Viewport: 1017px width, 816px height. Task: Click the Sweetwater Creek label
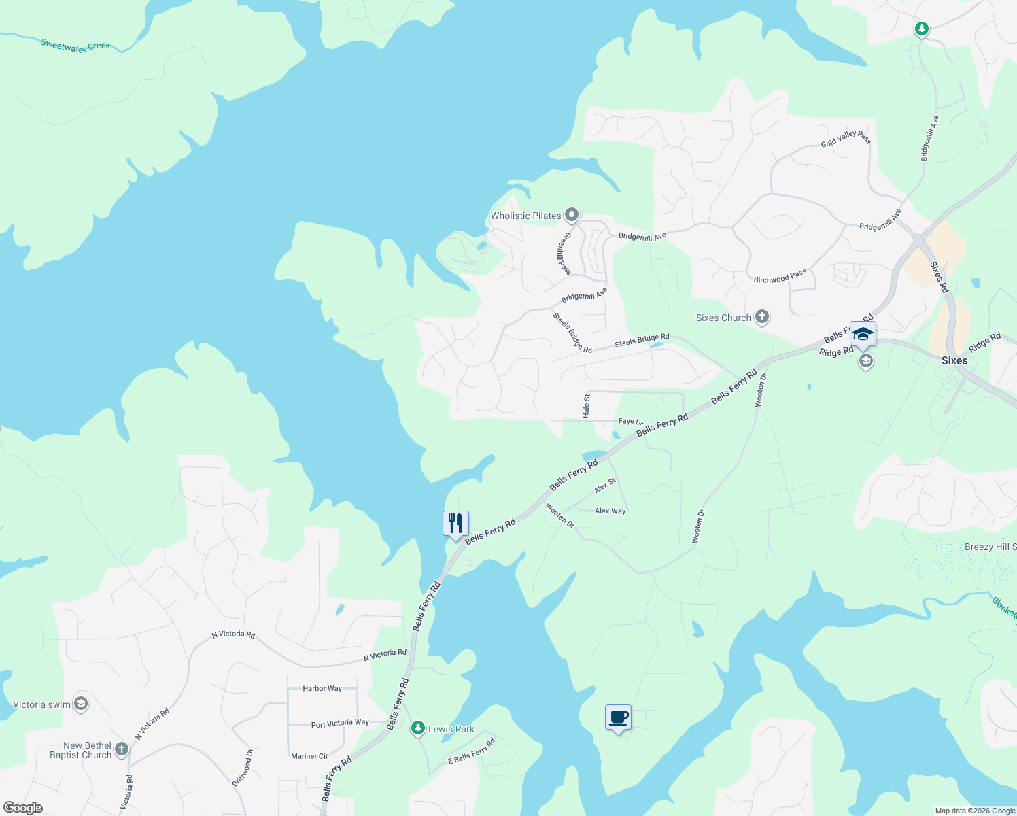coord(75,46)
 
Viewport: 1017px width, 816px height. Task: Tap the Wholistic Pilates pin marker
coord(572,215)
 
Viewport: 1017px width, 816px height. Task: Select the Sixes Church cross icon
coord(762,317)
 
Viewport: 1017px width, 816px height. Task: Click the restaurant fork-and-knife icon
coord(455,523)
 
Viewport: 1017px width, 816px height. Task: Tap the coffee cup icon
coord(618,717)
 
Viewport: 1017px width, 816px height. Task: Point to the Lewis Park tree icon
coord(418,728)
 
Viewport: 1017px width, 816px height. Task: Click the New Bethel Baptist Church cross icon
coord(122,749)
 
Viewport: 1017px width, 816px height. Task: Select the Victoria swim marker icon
coord(81,704)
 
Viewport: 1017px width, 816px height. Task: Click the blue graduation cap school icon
coord(862,334)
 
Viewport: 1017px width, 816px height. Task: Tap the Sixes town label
coord(954,360)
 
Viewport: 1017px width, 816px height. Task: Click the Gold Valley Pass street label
coord(846,139)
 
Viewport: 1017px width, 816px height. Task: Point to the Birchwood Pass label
coord(780,276)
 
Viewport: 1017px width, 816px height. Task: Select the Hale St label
coord(587,405)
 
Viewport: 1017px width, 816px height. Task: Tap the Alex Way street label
coord(610,511)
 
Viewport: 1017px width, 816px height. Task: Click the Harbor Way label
coord(322,688)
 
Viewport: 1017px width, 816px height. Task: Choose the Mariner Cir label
coord(309,756)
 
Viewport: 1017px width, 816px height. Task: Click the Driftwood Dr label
coord(243,768)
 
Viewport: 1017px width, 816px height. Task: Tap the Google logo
coord(23,808)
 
